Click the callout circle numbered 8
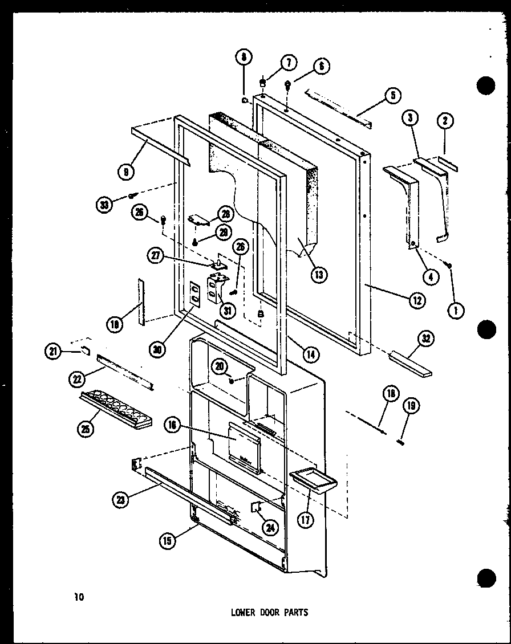click(x=244, y=58)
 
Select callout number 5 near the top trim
click(x=392, y=96)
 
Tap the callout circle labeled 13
click(x=319, y=274)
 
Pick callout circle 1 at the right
click(x=456, y=310)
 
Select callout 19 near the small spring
click(x=409, y=406)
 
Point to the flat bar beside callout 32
click(x=410, y=365)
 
